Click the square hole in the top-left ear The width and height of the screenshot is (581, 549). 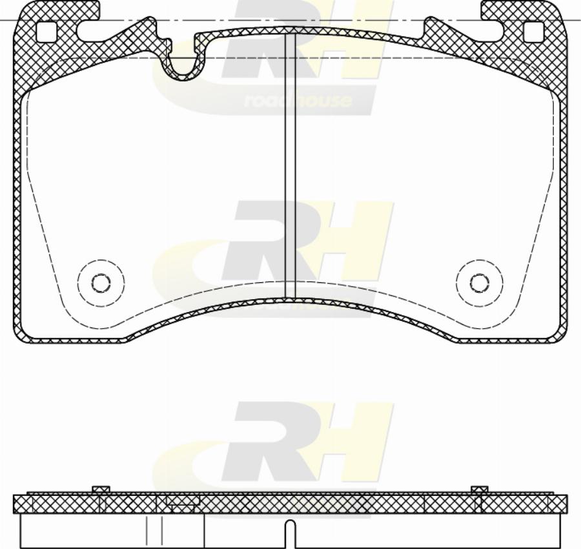click(46, 31)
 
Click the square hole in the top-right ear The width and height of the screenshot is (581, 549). click(534, 31)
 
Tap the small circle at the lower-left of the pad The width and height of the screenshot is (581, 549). click(101, 283)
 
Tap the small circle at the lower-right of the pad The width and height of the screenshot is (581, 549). click(479, 283)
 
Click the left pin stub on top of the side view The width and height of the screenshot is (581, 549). click(101, 490)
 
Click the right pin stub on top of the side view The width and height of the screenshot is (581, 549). click(479, 490)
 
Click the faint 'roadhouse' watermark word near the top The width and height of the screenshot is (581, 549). click(298, 101)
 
